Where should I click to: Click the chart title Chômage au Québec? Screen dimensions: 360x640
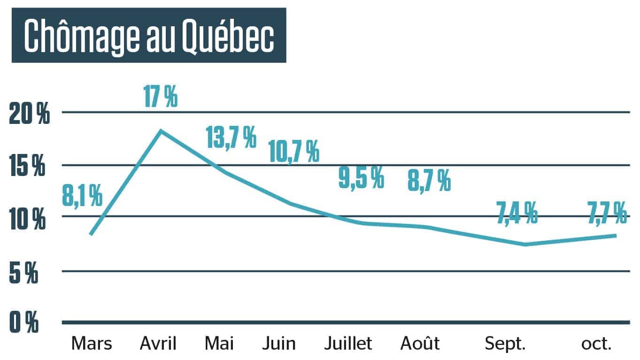[x=148, y=35]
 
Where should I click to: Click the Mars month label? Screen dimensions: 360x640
[x=92, y=344]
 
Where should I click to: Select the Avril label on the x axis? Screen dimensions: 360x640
[x=158, y=344]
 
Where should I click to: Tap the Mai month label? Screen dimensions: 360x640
[x=219, y=344]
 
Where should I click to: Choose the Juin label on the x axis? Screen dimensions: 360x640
[x=279, y=344]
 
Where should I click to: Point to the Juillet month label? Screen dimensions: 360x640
[x=348, y=344]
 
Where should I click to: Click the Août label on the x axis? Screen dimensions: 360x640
[x=420, y=344]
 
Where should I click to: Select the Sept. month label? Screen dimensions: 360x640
[x=505, y=344]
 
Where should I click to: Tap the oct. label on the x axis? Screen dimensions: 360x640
[x=596, y=344]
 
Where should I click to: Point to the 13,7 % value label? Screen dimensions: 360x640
[x=231, y=137]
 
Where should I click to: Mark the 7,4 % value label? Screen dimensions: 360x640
[x=517, y=213]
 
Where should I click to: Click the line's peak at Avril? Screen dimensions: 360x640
[x=161, y=130]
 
